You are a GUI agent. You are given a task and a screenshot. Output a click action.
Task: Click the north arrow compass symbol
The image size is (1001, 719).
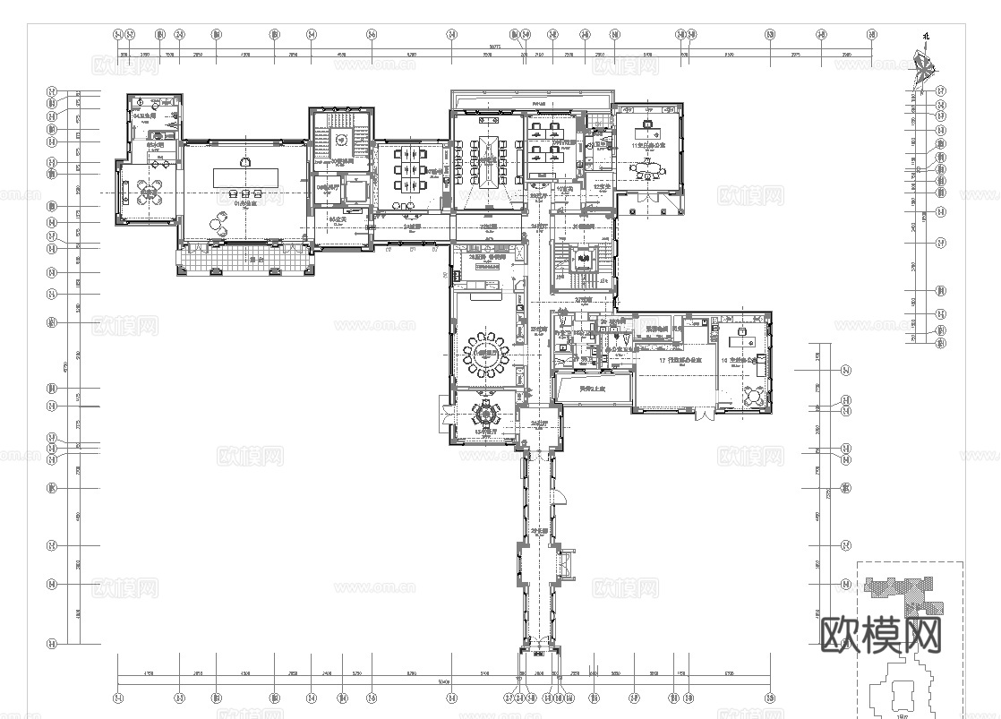click(x=923, y=64)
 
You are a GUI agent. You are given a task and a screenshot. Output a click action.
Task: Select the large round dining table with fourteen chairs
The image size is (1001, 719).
click(x=486, y=351)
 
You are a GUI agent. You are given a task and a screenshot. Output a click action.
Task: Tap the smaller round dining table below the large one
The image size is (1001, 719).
click(x=486, y=416)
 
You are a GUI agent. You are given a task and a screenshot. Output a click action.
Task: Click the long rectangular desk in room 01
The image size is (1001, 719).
click(x=245, y=175)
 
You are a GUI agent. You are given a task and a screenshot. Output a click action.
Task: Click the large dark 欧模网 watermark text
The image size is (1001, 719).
click(x=881, y=635)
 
